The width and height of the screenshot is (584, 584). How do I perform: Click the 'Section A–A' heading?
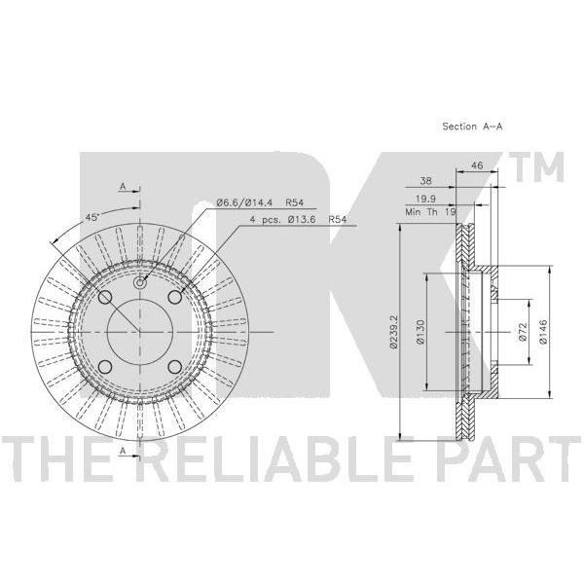pos(472,127)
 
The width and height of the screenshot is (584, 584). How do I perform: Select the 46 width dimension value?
pos(477,165)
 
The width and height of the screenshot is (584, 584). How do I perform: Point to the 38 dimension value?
pos(425,181)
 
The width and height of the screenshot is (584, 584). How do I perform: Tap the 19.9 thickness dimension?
pos(425,199)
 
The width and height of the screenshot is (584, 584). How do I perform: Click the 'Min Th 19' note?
pos(430,212)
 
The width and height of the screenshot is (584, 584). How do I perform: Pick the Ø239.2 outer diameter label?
pos(393,332)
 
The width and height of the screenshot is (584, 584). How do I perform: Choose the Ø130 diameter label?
pos(420,332)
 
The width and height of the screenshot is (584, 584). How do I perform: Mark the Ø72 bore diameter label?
pos(522,332)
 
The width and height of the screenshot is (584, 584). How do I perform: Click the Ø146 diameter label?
pos(543,332)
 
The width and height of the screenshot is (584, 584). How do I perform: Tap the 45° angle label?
pos(92,217)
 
